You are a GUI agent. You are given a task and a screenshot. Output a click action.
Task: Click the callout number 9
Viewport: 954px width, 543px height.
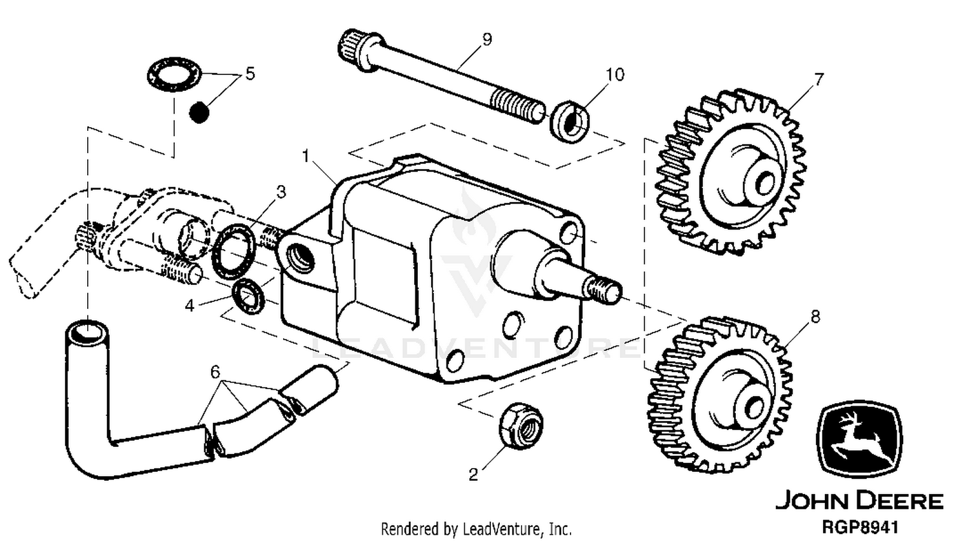tap(487, 39)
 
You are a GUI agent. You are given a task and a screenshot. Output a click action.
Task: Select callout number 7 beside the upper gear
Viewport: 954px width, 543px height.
tap(819, 79)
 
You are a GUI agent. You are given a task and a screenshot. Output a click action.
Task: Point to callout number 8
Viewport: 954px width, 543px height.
tap(815, 317)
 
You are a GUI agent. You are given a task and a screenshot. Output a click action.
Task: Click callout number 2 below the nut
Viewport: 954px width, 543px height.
tap(473, 474)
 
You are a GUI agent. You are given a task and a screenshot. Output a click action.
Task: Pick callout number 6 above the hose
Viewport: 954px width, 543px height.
tap(215, 372)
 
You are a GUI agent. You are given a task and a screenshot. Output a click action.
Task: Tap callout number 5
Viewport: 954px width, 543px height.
tap(250, 74)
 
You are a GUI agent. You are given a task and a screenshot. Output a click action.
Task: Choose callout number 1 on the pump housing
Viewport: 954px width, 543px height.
tap(305, 156)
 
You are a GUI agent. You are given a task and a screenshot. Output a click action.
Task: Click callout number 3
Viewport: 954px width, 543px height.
tap(280, 192)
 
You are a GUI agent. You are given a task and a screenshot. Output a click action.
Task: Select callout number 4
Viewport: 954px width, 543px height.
tap(190, 305)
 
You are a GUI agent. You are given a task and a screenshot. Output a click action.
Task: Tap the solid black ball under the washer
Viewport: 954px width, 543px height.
tap(199, 113)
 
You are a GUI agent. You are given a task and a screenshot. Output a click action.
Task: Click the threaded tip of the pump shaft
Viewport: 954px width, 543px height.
tap(604, 289)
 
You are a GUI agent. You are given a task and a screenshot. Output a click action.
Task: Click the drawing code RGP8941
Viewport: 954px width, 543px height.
tap(859, 527)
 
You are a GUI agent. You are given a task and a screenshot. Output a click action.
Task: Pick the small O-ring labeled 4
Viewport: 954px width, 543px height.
tap(248, 296)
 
